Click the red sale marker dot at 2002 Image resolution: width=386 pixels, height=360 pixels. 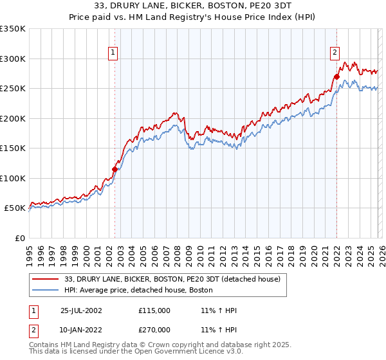click(x=115, y=170)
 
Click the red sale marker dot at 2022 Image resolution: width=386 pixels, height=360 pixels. click(x=336, y=77)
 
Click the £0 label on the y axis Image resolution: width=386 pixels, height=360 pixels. click(x=19, y=238)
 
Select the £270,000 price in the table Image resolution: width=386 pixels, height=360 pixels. click(x=154, y=330)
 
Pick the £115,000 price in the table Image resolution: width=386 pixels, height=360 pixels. click(x=154, y=310)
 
